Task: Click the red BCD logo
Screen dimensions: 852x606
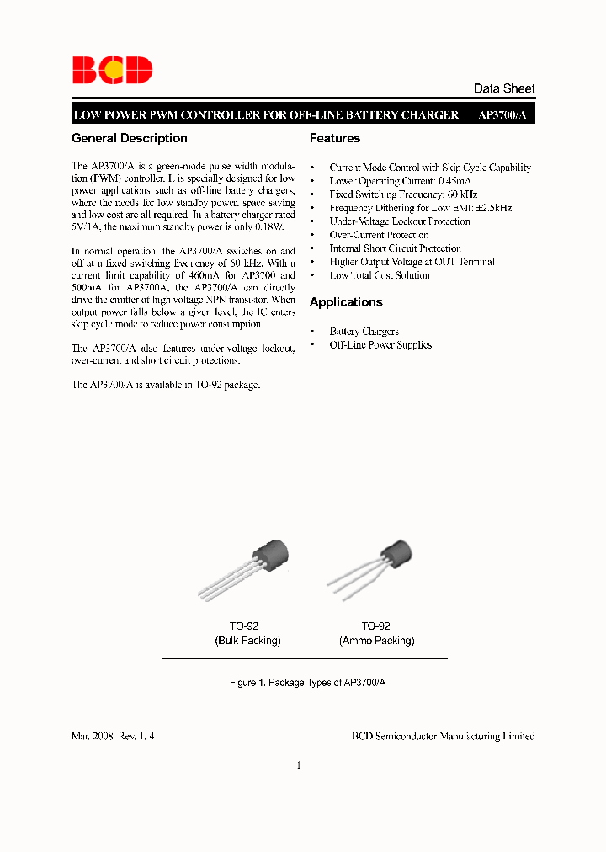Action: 112,70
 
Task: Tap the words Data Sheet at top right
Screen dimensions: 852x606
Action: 503,88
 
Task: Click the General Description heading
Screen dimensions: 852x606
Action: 130,138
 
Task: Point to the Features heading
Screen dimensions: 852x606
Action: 335,138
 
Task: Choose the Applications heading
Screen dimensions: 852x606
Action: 346,302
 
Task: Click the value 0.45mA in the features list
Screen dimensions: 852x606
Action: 454,181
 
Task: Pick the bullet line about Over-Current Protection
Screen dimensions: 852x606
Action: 379,235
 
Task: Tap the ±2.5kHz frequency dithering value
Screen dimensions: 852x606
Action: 492,208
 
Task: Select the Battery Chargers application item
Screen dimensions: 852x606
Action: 364,332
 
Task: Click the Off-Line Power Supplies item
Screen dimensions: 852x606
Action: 380,345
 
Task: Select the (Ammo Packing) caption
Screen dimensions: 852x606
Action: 376,641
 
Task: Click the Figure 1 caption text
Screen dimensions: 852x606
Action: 308,683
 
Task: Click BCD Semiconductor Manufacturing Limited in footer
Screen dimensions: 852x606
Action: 443,736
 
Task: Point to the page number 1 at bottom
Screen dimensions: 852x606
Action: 299,765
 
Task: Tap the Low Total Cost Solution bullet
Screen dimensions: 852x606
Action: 380,275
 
